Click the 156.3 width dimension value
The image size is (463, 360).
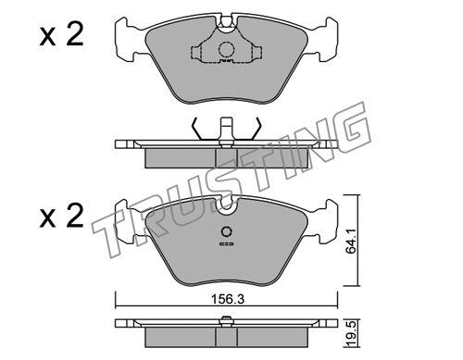pos(228,299)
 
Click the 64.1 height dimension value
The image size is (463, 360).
pos(351,242)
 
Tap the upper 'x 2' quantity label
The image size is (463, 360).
pos(62,35)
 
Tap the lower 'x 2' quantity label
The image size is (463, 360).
pos(62,217)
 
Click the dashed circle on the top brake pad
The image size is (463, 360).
pos(226,49)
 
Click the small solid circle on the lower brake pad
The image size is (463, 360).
pos(227,231)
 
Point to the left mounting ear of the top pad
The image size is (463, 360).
pos(125,39)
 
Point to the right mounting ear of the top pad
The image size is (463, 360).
pos(328,39)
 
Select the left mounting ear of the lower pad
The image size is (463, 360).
pos(125,221)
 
